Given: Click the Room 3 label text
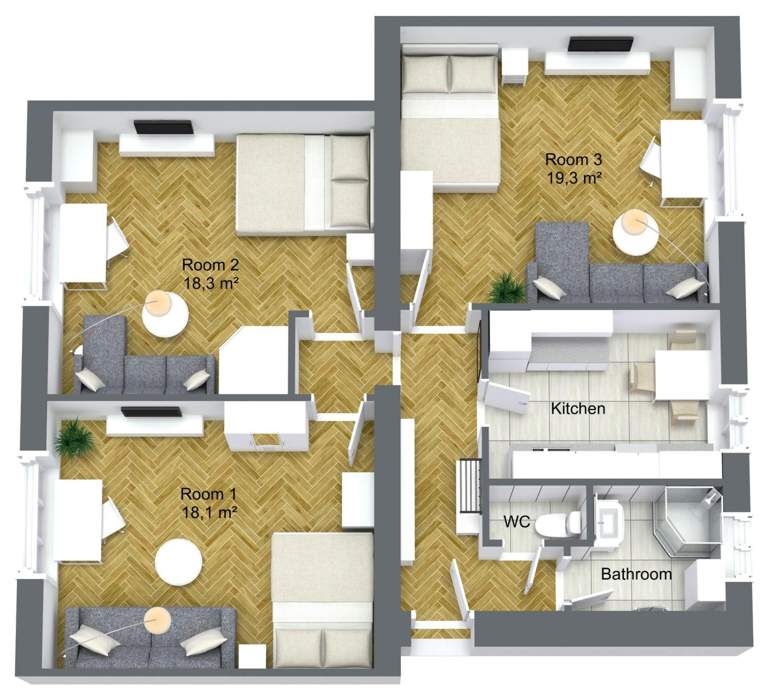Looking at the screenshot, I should (x=573, y=159).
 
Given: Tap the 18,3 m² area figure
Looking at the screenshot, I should (x=211, y=283).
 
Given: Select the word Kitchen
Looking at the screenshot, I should (x=578, y=409).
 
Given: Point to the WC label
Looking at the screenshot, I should (x=517, y=521).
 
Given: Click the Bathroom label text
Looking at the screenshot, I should (x=636, y=574).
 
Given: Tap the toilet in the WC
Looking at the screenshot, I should (x=558, y=524).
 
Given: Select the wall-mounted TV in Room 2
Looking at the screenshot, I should (x=163, y=127).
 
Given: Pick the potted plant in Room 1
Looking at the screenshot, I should (x=74, y=438).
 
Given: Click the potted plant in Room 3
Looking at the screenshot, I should (x=507, y=288).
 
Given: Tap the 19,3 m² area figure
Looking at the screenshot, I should (x=574, y=178).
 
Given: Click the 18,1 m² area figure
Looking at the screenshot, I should (x=210, y=513).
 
